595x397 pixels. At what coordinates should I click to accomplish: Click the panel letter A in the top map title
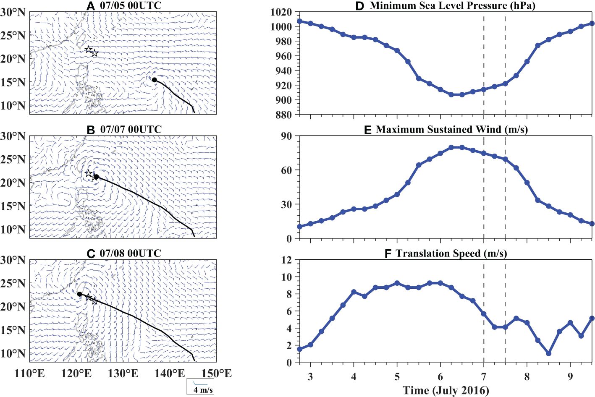point(91,6)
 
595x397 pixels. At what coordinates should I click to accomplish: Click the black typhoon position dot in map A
point(155,80)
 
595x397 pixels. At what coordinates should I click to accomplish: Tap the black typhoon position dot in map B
point(96,177)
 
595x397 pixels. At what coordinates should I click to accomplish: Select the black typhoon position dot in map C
point(80,294)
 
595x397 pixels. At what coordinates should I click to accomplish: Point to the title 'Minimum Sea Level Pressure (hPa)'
point(452,6)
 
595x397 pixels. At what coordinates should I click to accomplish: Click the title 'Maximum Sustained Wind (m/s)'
point(452,130)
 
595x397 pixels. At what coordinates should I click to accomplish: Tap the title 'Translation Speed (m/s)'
point(451,253)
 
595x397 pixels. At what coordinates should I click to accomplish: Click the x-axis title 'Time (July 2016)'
point(446,390)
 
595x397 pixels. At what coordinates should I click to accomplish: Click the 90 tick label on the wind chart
point(287,136)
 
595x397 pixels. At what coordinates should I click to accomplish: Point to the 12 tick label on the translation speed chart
point(287,260)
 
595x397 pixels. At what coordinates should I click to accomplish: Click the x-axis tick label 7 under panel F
point(484,376)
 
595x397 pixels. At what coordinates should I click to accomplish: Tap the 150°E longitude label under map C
point(217,373)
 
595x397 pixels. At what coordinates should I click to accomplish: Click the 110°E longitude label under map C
point(30,373)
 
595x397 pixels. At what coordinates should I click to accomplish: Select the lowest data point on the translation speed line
point(548,354)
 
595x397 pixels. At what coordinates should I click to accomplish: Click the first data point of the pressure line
point(299,21)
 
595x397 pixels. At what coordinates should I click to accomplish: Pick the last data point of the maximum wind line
point(592,224)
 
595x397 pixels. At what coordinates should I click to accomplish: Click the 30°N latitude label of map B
point(13,136)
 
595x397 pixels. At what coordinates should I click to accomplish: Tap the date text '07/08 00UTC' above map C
point(130,253)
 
